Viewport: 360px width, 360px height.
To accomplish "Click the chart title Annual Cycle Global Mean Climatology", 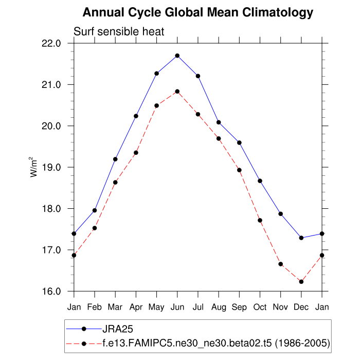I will tap(198, 12).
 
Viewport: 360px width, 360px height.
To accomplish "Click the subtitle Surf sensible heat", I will tap(119, 32).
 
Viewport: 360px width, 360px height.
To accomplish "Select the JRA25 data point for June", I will tap(177, 56).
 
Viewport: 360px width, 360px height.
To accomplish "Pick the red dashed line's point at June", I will tap(177, 92).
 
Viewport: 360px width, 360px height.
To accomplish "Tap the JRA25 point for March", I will tap(115, 159).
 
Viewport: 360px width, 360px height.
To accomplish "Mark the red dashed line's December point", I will tap(301, 282).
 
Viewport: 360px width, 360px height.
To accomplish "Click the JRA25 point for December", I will tap(301, 238).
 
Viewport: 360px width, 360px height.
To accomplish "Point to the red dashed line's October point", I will tap(260, 221).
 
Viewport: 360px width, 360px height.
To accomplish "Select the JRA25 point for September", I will tap(239, 142).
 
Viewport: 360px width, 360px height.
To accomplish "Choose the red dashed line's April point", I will tap(136, 153).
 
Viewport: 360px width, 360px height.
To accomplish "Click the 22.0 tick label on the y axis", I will tap(54, 43).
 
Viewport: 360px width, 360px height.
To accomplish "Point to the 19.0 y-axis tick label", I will tap(54, 168).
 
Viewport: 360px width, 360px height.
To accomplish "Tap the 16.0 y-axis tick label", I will tap(54, 292).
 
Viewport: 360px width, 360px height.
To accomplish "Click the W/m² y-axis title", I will tap(34, 168).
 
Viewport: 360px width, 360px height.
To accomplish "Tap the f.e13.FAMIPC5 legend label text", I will tap(217, 342).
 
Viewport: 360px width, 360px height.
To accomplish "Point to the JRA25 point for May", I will tap(156, 74).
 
